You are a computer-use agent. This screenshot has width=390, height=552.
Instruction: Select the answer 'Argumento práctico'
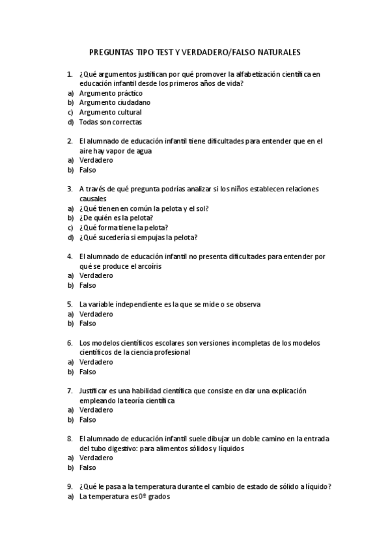pyautogui.click(x=110, y=93)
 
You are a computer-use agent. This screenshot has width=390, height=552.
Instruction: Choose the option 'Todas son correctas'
pyautogui.click(x=110, y=122)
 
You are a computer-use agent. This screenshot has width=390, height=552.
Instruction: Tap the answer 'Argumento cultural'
pyautogui.click(x=110, y=112)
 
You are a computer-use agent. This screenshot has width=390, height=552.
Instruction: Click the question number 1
pyautogui.click(x=70, y=74)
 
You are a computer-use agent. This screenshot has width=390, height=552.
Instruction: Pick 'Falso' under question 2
pyautogui.click(x=87, y=170)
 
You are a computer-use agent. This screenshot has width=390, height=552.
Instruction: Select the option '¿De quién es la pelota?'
pyautogui.click(x=116, y=218)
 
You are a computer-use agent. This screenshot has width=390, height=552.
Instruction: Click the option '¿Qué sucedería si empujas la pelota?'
pyautogui.click(x=138, y=237)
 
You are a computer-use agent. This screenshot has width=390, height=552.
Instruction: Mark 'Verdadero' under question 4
pyautogui.click(x=96, y=275)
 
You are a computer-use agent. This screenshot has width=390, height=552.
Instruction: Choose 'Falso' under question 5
pyautogui.click(x=87, y=323)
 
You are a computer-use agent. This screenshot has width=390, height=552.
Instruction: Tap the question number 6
pyautogui.click(x=70, y=342)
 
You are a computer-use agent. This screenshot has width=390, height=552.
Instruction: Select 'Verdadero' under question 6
pyautogui.click(x=96, y=362)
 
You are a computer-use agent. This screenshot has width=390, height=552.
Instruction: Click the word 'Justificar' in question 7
pyautogui.click(x=94, y=391)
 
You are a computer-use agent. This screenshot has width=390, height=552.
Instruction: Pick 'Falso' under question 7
pyautogui.click(x=87, y=420)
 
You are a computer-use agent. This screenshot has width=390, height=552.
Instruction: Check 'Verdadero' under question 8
pyautogui.click(x=96, y=458)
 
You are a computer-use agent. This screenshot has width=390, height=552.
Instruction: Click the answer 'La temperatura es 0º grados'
pyautogui.click(x=124, y=497)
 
